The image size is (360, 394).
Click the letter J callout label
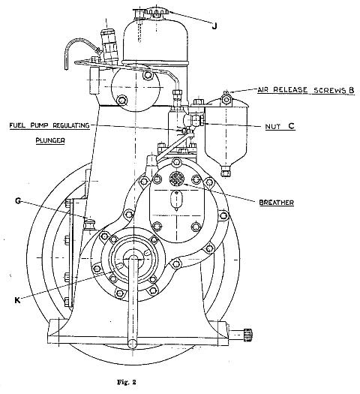pos(214,26)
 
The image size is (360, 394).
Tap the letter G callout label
pos(18,201)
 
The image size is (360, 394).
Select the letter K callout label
pos(17,300)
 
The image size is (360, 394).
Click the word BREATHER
pos(277,203)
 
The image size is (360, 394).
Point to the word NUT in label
pos(273,126)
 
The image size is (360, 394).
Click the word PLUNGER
pos(50,140)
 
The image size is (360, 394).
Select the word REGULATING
pos(71,125)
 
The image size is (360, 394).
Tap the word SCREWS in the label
pos(329,90)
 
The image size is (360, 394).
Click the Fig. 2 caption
pos(126,382)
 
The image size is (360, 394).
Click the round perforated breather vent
pos(177,179)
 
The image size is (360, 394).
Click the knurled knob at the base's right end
pos(248,335)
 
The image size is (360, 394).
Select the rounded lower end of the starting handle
pos(132,344)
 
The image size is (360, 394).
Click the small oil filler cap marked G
pos(89,224)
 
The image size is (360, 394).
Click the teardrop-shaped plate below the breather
pos(176,200)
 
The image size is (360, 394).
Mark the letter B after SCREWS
pos(351,90)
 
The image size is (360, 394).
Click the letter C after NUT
pos(291,126)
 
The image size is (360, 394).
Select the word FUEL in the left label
pos(17,125)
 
